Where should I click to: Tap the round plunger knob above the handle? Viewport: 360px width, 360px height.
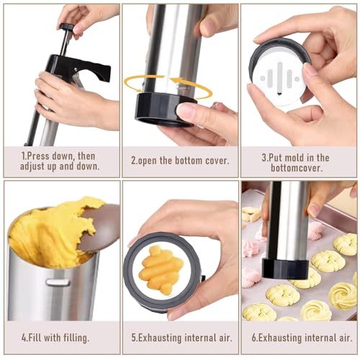[x=66, y=28]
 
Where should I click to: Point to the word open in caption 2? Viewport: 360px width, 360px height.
[x=153, y=161]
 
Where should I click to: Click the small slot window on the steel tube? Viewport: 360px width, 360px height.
[x=58, y=282]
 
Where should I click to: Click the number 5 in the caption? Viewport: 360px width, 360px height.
[x=133, y=336]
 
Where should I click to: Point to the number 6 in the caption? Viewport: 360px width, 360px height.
[x=253, y=336]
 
